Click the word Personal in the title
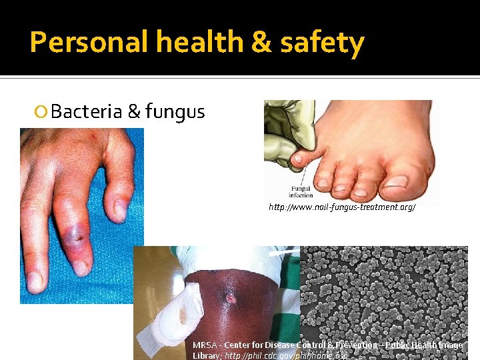coord(89,43)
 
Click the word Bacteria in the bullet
coord(86,111)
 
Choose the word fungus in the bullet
coord(175,111)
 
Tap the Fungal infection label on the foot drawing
coord(301,193)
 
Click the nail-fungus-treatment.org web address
coord(342,208)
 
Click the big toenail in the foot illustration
coord(396,181)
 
